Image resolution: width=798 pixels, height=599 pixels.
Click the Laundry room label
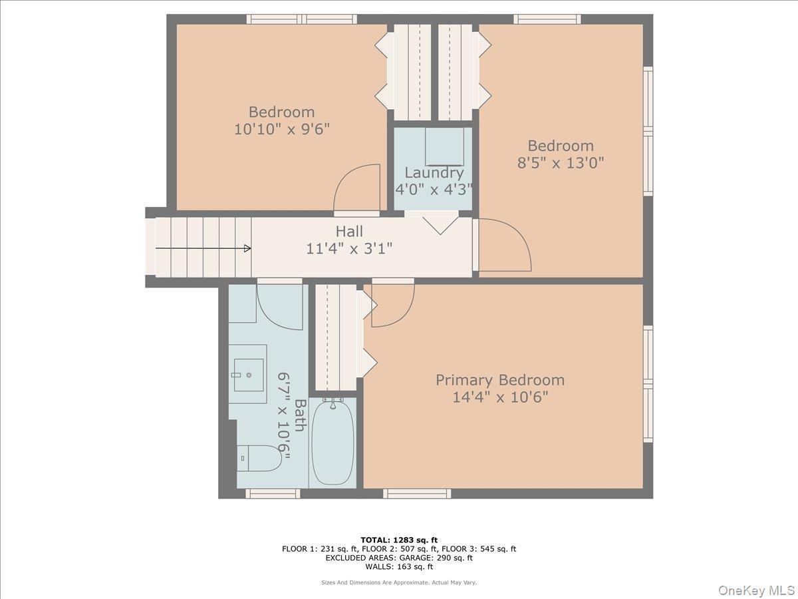(x=434, y=173)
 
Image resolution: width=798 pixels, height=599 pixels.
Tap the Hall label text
(x=349, y=232)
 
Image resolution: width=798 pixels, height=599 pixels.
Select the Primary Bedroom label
(x=500, y=381)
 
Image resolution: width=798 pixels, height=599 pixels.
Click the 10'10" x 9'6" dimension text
(x=282, y=129)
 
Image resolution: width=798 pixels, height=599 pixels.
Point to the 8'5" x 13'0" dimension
(x=561, y=163)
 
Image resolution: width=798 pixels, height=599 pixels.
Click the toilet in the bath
(x=259, y=459)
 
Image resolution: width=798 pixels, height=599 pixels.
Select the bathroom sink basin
(x=249, y=375)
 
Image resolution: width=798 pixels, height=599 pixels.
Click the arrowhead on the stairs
(x=247, y=249)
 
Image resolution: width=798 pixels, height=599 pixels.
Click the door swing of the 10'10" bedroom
(x=357, y=188)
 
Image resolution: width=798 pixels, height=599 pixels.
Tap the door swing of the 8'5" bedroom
(x=505, y=245)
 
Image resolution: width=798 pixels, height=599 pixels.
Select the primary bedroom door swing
(x=393, y=305)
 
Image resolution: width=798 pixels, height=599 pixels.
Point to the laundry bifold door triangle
(x=441, y=226)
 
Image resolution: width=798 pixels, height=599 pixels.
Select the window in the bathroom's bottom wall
(x=273, y=494)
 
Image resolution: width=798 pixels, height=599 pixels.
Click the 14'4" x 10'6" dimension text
(x=500, y=397)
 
